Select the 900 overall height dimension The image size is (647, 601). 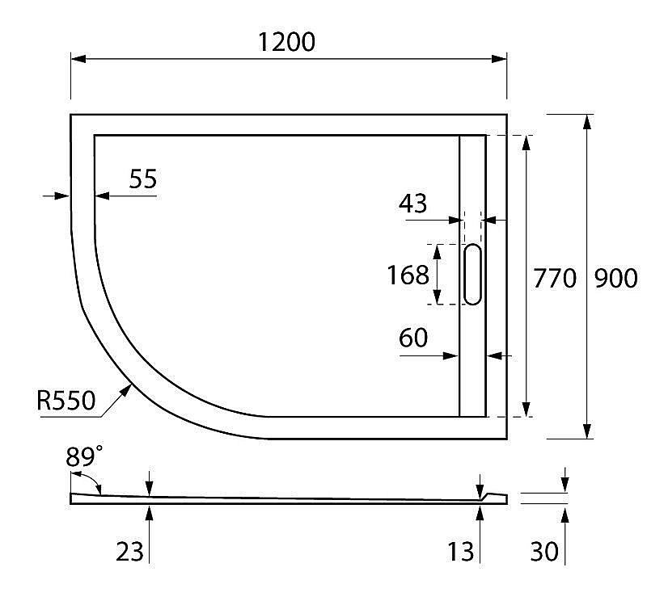615,278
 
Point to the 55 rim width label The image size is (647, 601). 142,179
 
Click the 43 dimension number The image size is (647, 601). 412,204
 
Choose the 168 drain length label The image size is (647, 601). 408,275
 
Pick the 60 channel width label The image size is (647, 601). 412,338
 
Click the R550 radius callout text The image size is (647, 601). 66,400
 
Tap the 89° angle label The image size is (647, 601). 84,456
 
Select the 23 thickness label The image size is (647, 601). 129,552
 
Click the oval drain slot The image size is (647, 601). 472,275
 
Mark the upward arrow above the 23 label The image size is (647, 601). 150,511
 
